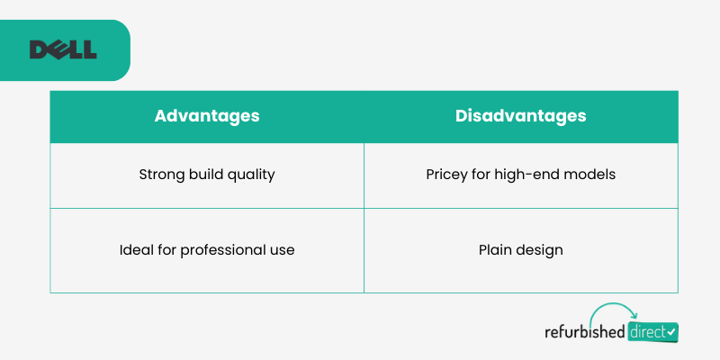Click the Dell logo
[63, 49]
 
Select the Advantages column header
[207, 116]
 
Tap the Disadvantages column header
[521, 116]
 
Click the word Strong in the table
[162, 175]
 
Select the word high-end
[527, 175]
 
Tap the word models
[590, 175]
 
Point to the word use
[277, 252]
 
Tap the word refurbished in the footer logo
[584, 331]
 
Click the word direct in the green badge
[647, 332]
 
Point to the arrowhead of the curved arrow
[634, 315]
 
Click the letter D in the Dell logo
[39, 49]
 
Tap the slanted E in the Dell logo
[56, 49]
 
